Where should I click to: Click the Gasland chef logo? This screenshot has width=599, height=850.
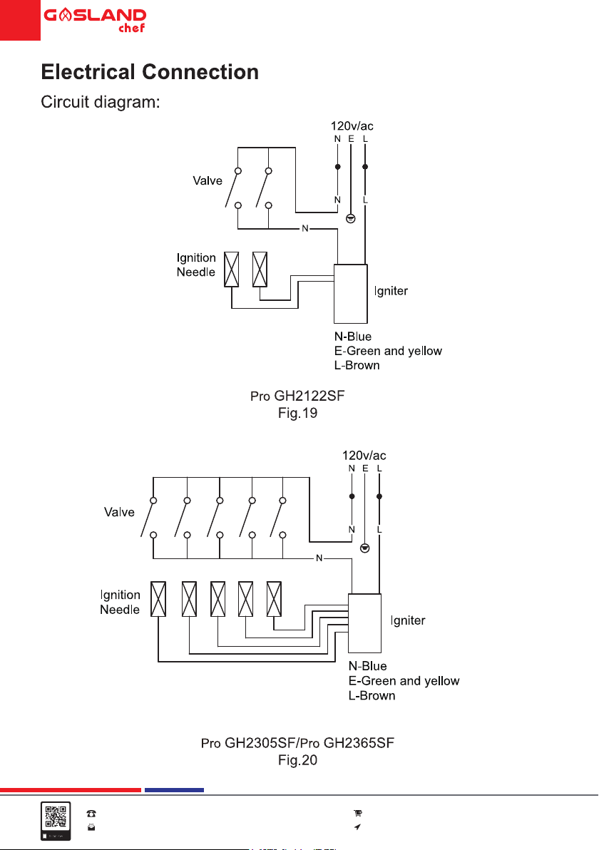(95, 21)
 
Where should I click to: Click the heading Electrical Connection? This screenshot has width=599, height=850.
(150, 72)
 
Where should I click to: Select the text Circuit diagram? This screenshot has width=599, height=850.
(101, 102)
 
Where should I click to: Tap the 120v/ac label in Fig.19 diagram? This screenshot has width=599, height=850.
(352, 126)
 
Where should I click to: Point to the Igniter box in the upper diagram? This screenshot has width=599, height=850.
(351, 294)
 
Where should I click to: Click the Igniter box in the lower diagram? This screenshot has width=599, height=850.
(365, 623)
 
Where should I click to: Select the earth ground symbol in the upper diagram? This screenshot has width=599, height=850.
(351, 218)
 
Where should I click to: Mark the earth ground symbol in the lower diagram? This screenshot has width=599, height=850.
(365, 548)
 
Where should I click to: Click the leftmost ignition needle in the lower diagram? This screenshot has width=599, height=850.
(158, 599)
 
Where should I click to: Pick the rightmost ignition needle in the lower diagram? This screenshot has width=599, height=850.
(275, 599)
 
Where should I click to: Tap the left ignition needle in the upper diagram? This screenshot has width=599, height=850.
(232, 270)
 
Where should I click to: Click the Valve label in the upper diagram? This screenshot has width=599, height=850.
(208, 180)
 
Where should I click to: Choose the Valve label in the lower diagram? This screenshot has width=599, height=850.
(119, 512)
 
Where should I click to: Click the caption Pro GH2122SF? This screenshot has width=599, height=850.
(297, 396)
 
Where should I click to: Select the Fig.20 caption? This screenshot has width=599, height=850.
(297, 760)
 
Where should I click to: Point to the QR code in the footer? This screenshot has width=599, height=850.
(56, 817)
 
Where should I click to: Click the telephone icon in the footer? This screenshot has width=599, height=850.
(91, 813)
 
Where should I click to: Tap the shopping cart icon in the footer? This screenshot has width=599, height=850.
(358, 813)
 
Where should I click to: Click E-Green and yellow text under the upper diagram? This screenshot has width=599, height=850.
(388, 351)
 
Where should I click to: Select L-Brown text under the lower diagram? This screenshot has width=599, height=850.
(372, 695)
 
